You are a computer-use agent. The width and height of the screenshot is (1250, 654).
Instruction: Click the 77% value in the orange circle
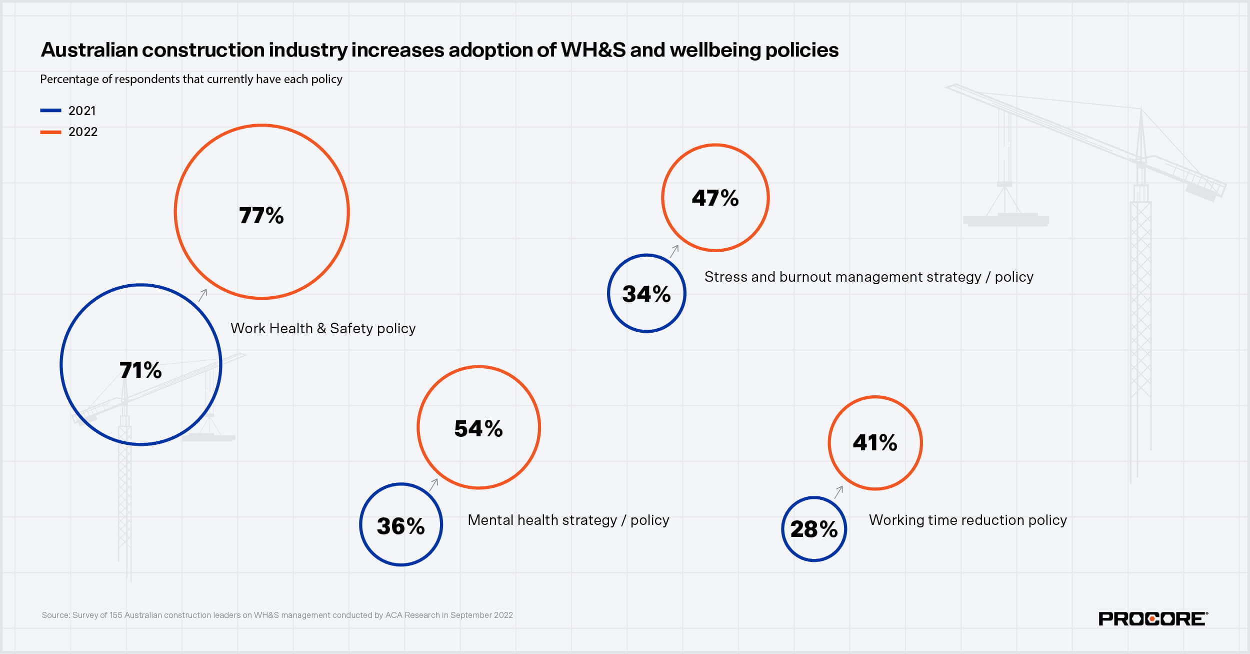(x=261, y=216)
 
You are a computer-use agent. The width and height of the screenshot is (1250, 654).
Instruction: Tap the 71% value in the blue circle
(x=140, y=370)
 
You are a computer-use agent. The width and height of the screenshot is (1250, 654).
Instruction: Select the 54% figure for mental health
(x=478, y=429)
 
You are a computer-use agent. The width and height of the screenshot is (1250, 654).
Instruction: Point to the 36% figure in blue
(x=400, y=526)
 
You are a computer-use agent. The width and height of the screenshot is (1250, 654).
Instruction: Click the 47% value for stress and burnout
(x=715, y=198)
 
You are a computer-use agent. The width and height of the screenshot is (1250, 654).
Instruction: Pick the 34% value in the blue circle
(x=646, y=294)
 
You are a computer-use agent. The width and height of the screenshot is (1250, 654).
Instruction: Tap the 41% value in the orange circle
(x=874, y=443)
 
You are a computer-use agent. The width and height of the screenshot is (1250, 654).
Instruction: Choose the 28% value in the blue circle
(x=813, y=529)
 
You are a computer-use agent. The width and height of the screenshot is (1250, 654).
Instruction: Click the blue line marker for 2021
(x=50, y=111)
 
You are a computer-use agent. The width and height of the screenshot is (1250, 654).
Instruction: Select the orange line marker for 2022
(x=50, y=132)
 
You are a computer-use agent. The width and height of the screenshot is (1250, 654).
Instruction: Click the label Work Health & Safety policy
(x=323, y=328)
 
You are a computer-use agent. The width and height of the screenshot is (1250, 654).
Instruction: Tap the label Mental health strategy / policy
(x=568, y=520)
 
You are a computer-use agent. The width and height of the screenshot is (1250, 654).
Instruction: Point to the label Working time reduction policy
(x=967, y=520)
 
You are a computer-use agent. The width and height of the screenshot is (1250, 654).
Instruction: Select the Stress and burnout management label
(x=868, y=277)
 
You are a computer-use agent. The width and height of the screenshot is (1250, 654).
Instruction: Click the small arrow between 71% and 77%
(x=202, y=295)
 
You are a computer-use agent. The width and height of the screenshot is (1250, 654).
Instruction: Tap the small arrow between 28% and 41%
(x=838, y=492)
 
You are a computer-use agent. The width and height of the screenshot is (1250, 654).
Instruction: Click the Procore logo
(x=1152, y=619)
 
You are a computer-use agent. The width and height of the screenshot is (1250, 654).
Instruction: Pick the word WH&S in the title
(x=592, y=50)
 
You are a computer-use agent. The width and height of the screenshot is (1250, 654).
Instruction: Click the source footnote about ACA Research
(x=277, y=615)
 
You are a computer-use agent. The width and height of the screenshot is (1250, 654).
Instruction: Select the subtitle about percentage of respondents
(x=191, y=79)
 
